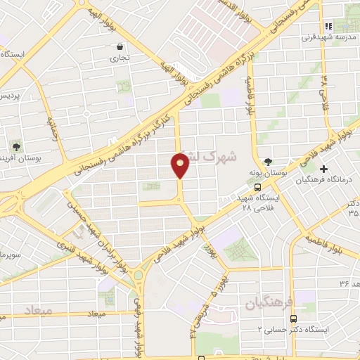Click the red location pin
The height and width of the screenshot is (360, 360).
pyautogui.click(x=181, y=165)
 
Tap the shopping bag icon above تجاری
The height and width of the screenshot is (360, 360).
pyautogui.click(x=121, y=47)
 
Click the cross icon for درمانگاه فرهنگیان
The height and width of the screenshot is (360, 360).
pyautogui.click(x=323, y=169)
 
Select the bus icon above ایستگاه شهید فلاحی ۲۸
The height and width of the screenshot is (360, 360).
pyautogui.click(x=258, y=188)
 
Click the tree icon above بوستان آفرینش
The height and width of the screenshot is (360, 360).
pyautogui.click(x=16, y=147)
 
